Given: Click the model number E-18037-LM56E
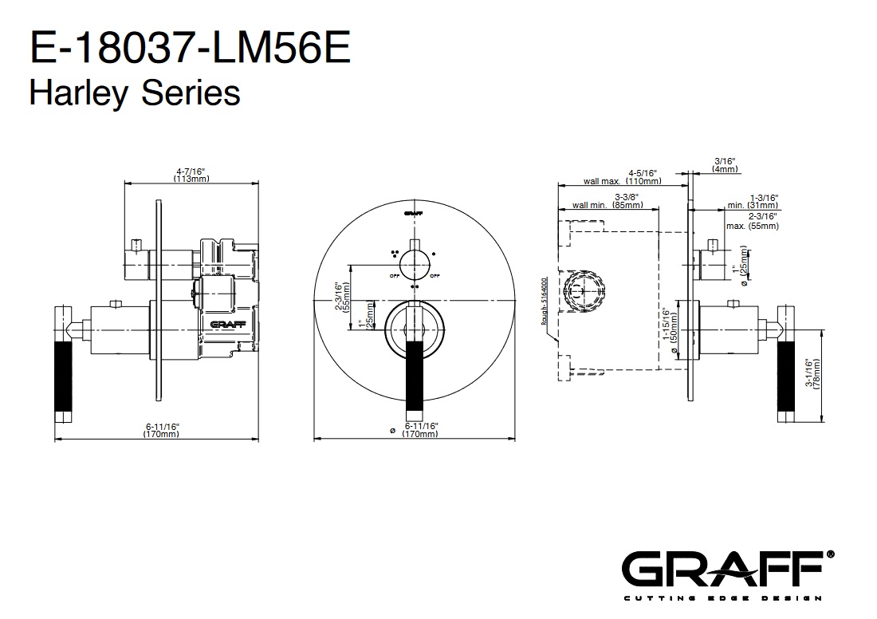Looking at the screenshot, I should point(189,49).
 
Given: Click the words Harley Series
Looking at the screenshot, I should point(134,93).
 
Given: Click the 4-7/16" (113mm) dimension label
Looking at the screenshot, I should point(191,175).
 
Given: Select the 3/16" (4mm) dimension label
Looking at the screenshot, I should point(725,164).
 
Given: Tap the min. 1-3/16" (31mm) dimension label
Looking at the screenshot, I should point(753,201).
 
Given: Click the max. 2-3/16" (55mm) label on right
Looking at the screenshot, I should point(753,221).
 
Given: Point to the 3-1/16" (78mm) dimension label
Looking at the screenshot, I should point(813,372).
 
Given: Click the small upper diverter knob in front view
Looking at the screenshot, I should point(414,261).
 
